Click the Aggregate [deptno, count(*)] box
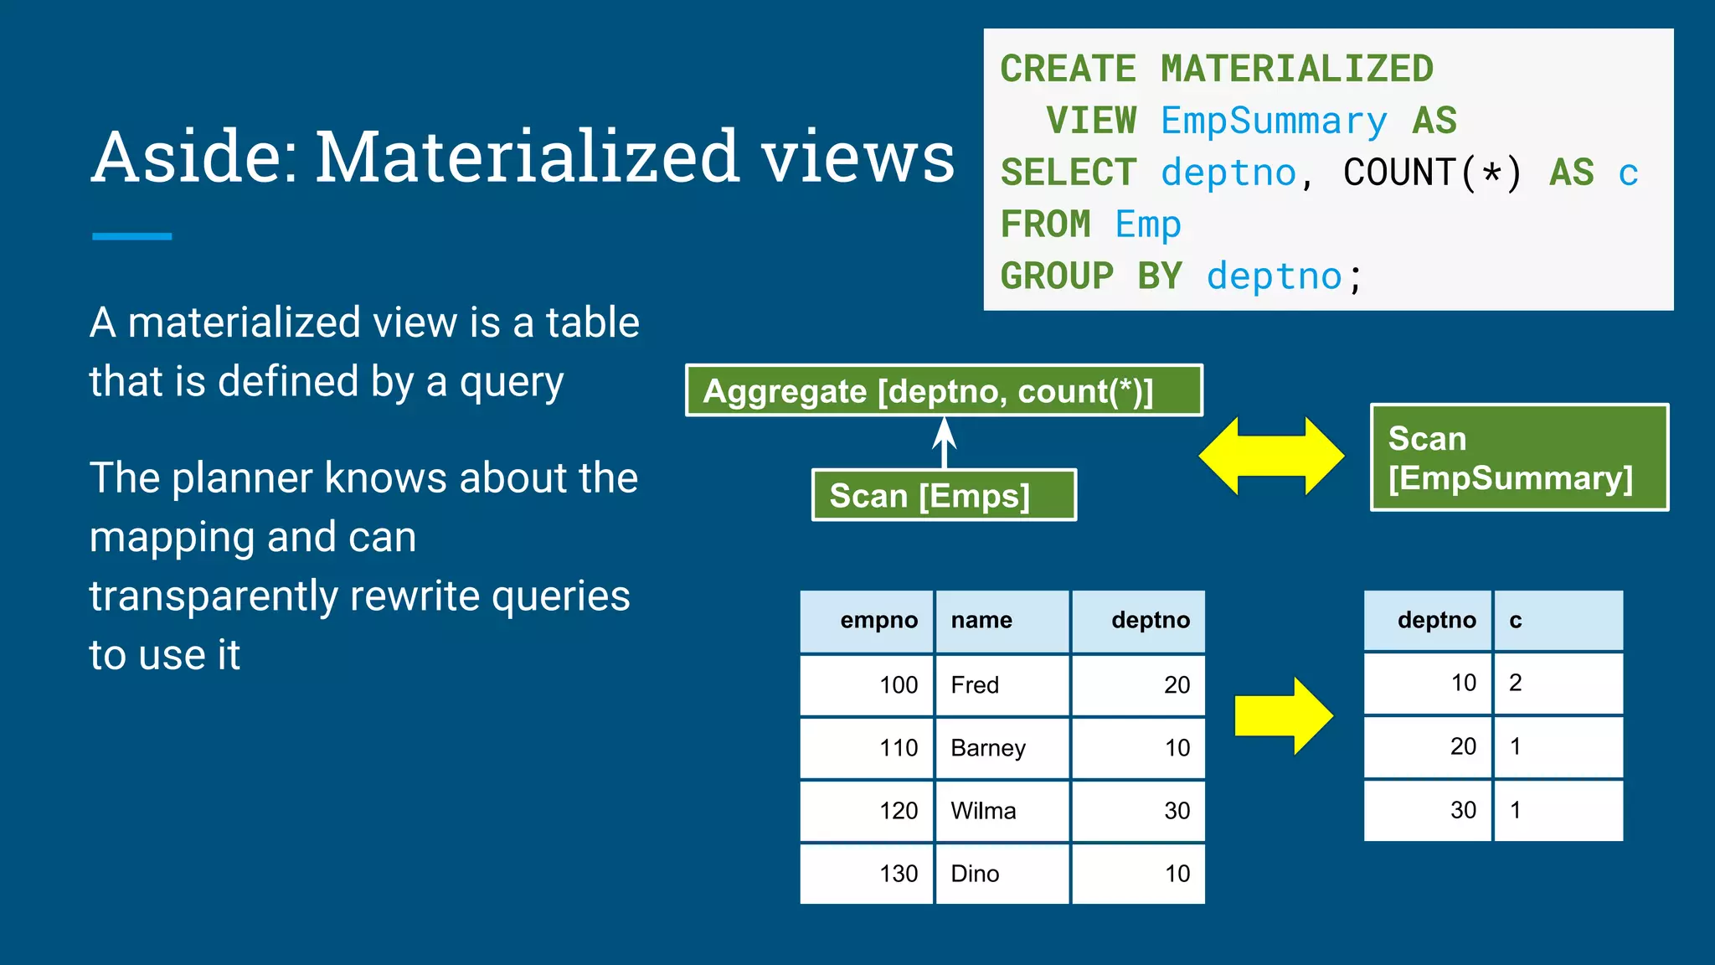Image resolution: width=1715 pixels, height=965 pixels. click(944, 390)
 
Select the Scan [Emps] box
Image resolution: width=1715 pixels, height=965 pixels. click(944, 495)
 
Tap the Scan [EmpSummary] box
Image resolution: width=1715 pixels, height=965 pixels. click(1519, 457)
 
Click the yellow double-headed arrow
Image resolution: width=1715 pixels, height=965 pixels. click(1271, 457)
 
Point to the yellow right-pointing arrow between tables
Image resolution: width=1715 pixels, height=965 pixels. click(1284, 716)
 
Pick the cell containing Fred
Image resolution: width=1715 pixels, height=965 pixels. click(1002, 685)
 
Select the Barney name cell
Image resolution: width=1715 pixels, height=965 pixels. click(1002, 748)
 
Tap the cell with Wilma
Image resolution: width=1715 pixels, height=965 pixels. click(1002, 811)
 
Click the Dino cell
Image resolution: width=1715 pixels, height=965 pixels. click(1002, 874)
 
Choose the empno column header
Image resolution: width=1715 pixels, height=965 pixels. click(867, 621)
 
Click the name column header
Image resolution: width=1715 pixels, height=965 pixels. click(1002, 621)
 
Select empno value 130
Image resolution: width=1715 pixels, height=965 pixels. click(867, 874)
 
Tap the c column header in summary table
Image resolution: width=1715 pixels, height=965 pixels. click(1558, 621)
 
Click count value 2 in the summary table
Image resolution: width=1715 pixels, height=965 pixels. click(1558, 683)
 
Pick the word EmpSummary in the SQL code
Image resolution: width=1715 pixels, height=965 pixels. click(1273, 121)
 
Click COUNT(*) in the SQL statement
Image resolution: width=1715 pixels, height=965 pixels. click(1432, 173)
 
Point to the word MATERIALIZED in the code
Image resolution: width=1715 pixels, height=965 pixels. click(1296, 70)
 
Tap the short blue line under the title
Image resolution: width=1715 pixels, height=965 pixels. click(131, 236)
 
